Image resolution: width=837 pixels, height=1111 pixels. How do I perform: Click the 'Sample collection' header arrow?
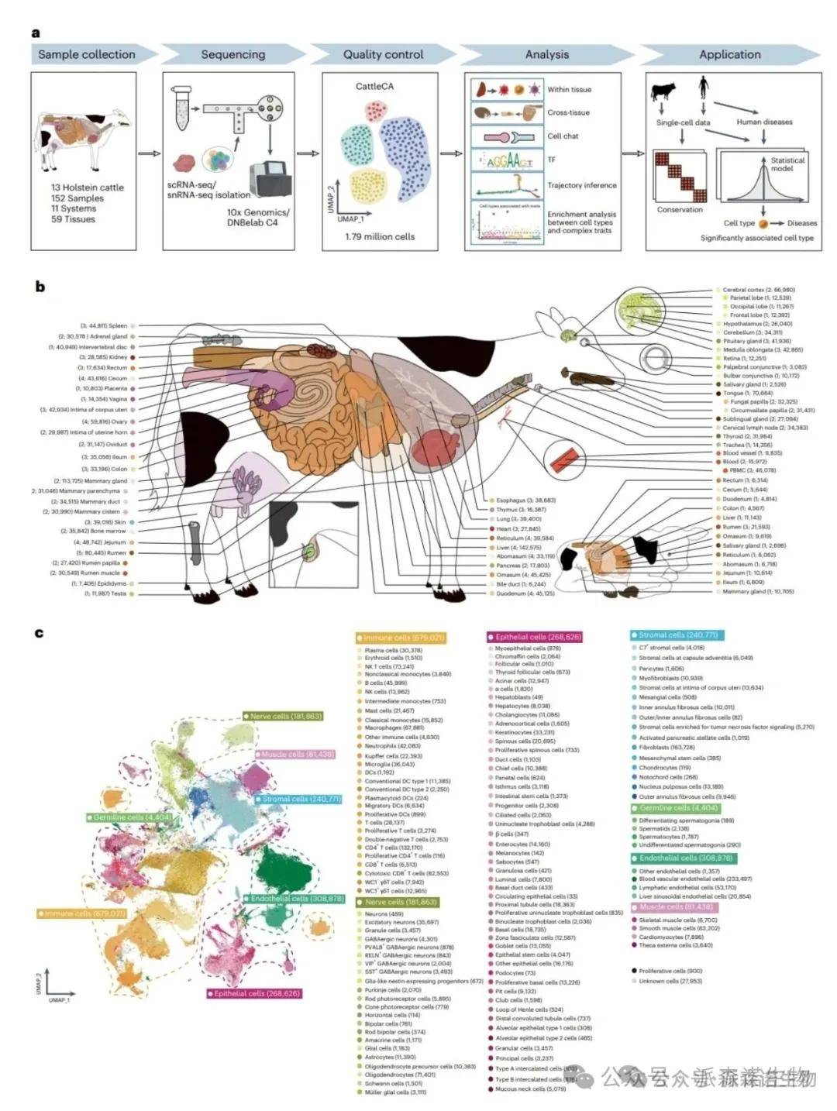87,54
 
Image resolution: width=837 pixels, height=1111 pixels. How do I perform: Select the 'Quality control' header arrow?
384,54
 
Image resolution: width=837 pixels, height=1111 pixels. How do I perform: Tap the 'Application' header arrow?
729,54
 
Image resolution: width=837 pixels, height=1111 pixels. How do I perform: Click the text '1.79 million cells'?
380,236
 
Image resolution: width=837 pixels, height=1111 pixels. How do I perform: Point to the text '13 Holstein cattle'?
88,187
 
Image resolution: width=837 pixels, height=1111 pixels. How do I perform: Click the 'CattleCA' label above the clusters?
374,86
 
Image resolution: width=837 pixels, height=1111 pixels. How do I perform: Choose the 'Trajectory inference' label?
581,185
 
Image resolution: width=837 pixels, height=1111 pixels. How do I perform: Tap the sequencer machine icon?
269,179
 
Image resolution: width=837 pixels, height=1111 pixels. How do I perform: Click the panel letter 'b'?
40,287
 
